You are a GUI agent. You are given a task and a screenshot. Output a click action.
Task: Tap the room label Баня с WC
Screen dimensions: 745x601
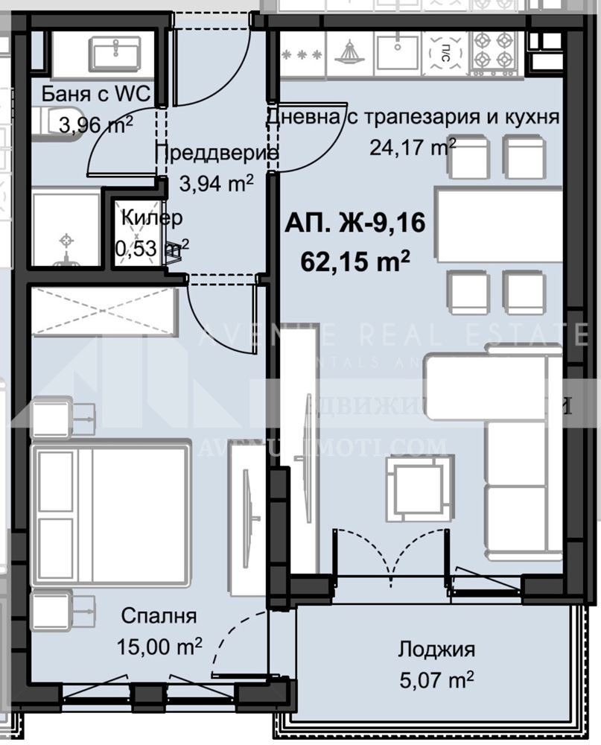click(x=96, y=95)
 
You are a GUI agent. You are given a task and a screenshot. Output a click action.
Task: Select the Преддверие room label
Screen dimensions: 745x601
click(x=216, y=154)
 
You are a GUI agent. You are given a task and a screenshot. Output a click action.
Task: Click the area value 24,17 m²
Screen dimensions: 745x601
click(x=413, y=146)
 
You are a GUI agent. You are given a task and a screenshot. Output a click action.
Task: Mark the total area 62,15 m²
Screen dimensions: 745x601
click(x=355, y=261)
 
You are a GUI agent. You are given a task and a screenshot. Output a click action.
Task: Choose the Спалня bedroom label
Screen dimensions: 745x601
click(x=159, y=616)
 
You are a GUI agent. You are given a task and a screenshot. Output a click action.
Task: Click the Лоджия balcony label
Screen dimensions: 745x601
click(x=436, y=649)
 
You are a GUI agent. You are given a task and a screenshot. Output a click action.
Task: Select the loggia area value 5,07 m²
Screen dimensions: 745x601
click(x=436, y=679)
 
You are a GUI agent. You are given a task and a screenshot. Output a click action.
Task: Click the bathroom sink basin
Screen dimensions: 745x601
click(x=115, y=54)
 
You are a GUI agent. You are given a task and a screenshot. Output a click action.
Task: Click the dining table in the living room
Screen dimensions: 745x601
click(x=499, y=225)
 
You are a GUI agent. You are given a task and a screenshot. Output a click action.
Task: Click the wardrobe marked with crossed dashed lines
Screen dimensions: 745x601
click(x=102, y=310)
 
